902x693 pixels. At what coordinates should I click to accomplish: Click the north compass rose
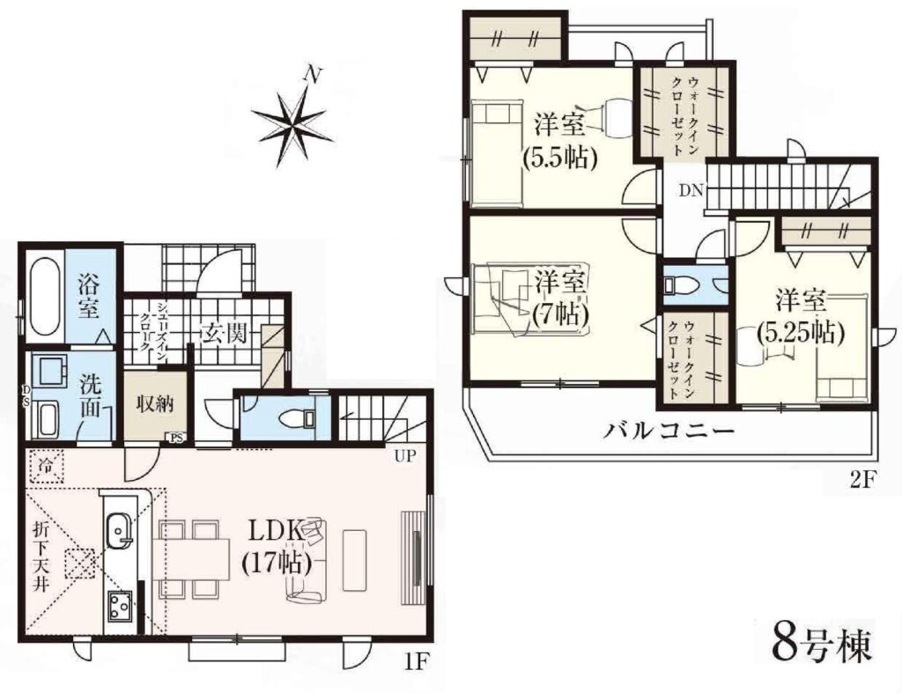[x=292, y=122]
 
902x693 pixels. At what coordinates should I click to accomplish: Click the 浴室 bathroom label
[x=89, y=298]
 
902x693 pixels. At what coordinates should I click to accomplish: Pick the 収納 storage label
[x=155, y=404]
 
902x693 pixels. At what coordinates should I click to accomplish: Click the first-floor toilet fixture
[x=294, y=418]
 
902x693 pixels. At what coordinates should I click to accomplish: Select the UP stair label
[x=405, y=457]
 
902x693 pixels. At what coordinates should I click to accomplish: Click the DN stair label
[x=691, y=190]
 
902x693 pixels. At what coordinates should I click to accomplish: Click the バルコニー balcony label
[x=669, y=431]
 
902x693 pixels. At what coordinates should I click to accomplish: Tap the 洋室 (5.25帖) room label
[x=800, y=317]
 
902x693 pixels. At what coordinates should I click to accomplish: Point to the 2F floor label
[x=861, y=481]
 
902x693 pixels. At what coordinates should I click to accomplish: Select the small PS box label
[x=175, y=438]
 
